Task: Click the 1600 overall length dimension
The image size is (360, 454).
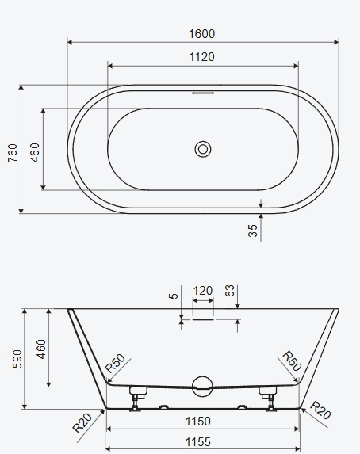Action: pyautogui.click(x=201, y=34)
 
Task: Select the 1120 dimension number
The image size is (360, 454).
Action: pyautogui.click(x=201, y=57)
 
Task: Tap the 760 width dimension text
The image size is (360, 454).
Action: pyautogui.click(x=13, y=153)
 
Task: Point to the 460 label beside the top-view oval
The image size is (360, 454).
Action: pyautogui.click(x=34, y=153)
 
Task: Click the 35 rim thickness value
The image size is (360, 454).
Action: pyautogui.click(x=253, y=231)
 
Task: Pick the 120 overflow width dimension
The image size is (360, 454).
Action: pyautogui.click(x=203, y=291)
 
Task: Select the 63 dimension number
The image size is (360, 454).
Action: pyautogui.click(x=229, y=291)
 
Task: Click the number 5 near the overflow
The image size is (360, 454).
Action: pyautogui.click(x=173, y=296)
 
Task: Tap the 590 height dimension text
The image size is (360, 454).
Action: pyautogui.click(x=17, y=359)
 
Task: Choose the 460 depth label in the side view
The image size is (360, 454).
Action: pyautogui.click(x=41, y=349)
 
